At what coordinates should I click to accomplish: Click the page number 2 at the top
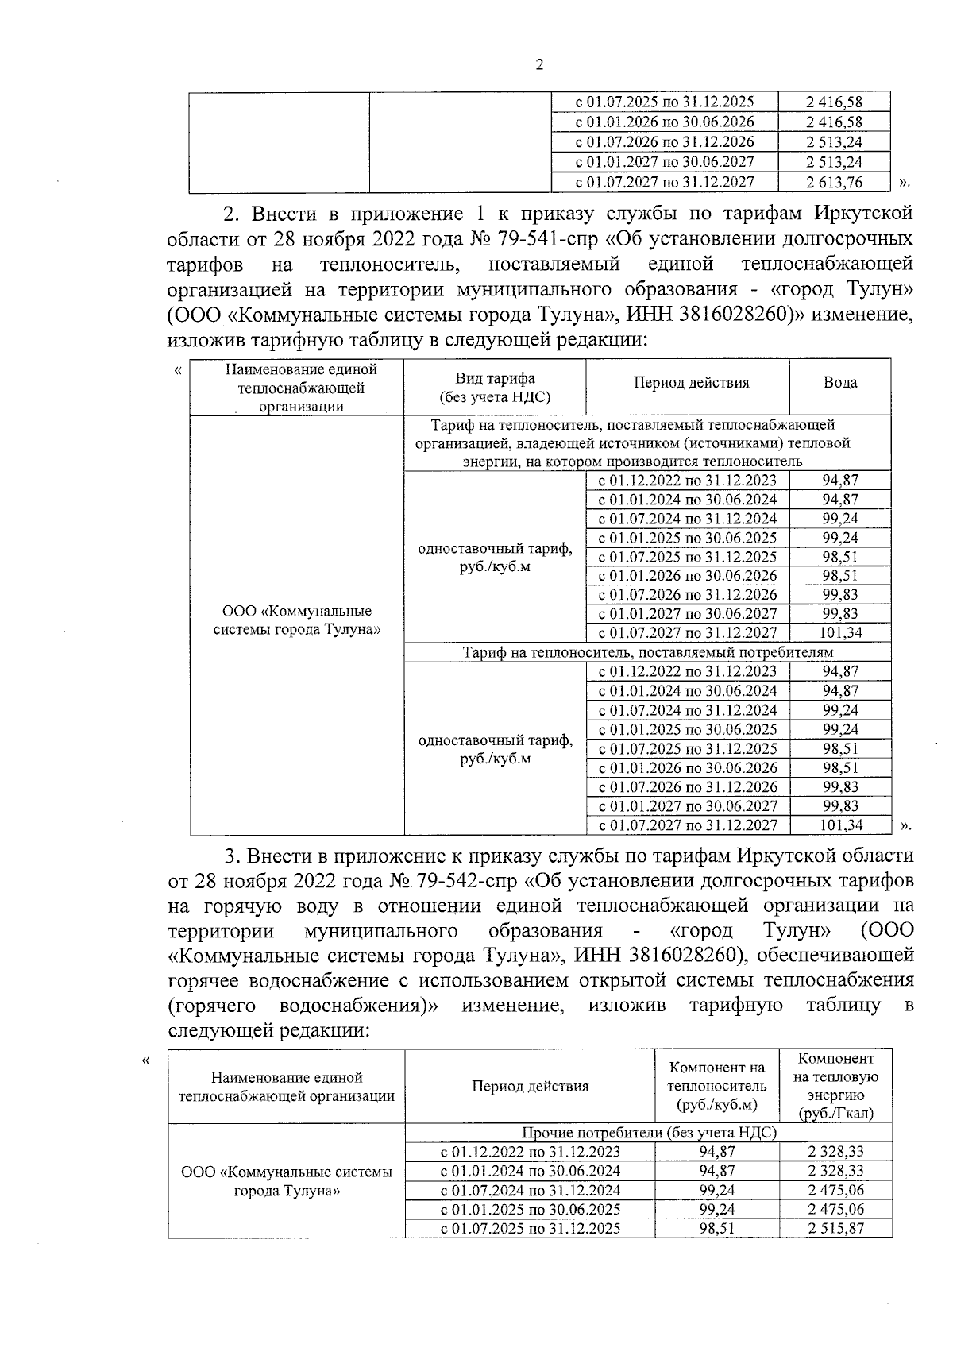[539, 66]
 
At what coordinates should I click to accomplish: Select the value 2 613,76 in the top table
[833, 182]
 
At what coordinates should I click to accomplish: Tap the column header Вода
[840, 383]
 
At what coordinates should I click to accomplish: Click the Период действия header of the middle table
[691, 383]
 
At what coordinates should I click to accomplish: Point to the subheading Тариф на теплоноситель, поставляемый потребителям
[647, 652]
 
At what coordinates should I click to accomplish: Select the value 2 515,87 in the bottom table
[836, 1228]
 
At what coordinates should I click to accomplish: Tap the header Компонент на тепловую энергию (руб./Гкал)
[836, 1086]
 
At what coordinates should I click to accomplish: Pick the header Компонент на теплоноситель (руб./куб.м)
[717, 1086]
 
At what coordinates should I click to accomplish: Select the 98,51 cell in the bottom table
[717, 1228]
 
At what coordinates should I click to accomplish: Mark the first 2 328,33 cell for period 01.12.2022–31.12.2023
[836, 1152]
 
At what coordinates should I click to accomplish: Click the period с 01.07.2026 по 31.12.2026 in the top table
[664, 142]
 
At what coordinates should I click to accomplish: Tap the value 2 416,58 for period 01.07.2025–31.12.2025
[833, 102]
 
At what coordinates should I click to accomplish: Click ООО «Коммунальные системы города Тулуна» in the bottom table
[287, 1181]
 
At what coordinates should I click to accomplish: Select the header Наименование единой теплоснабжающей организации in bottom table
[287, 1087]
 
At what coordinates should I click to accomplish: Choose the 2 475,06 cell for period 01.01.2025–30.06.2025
[836, 1209]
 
